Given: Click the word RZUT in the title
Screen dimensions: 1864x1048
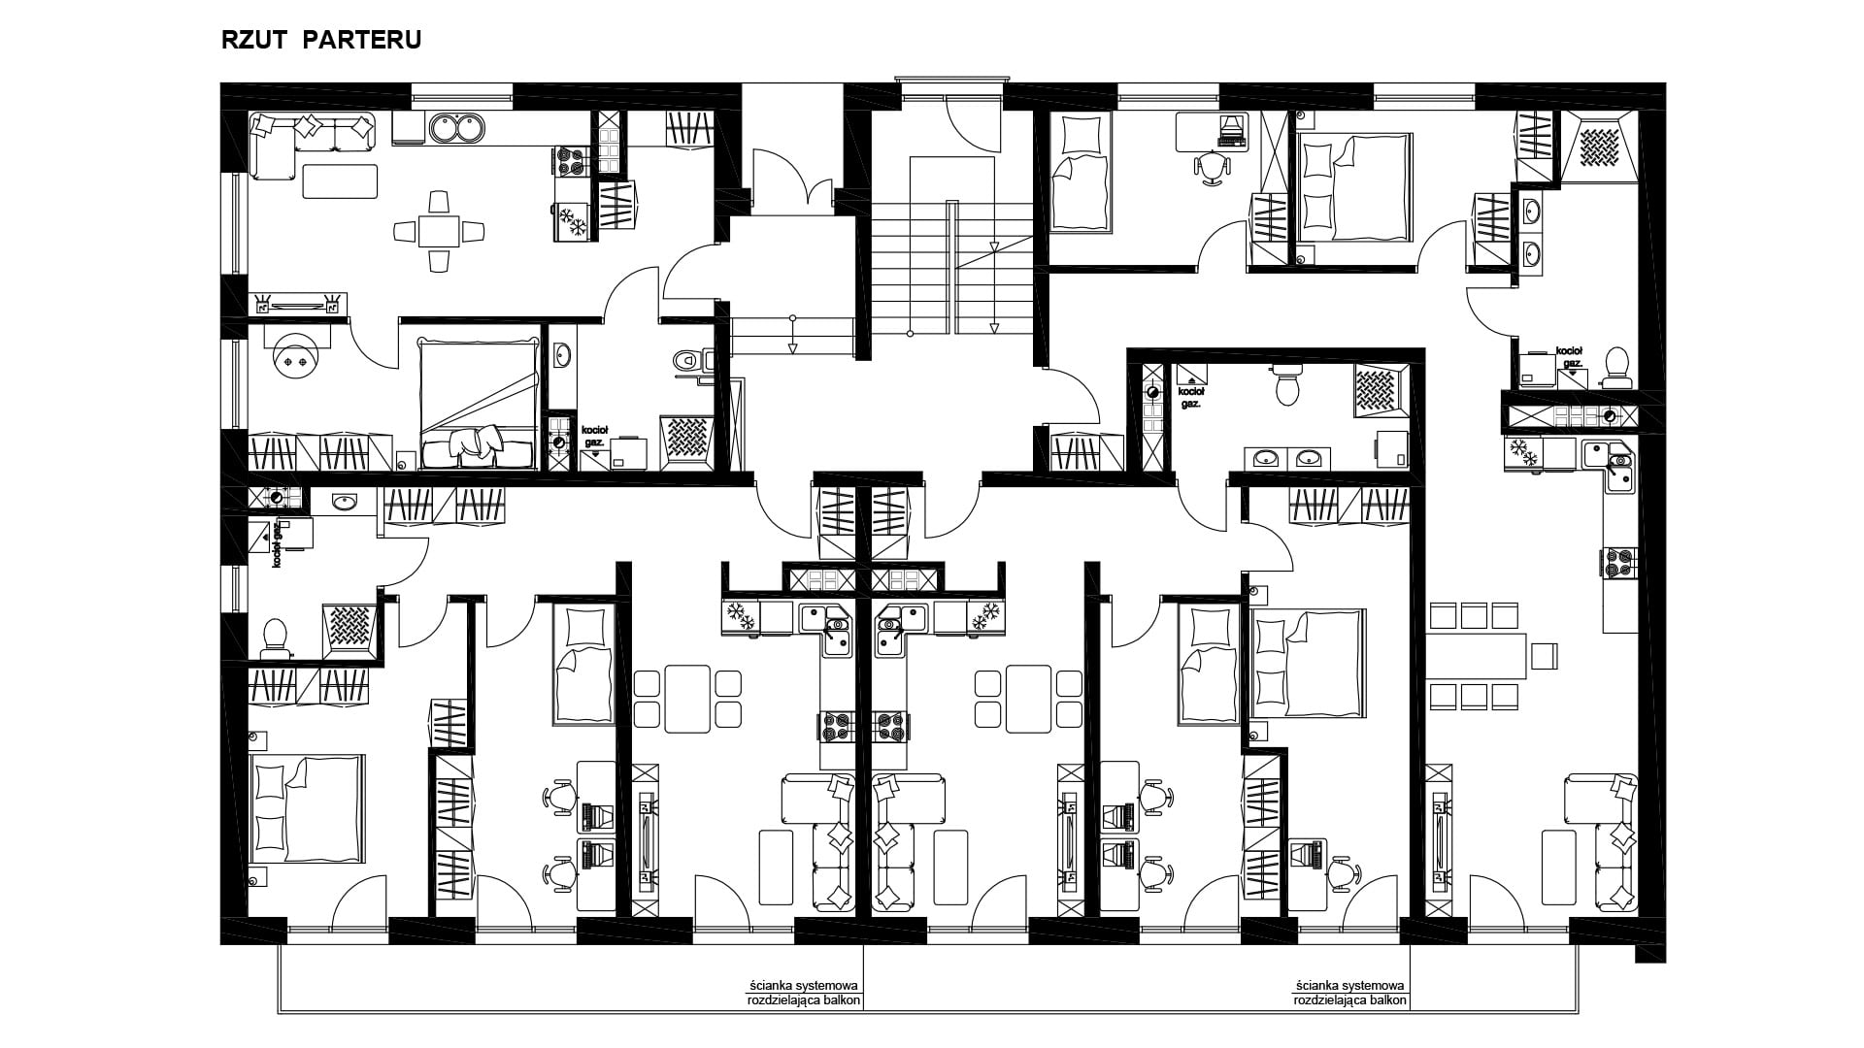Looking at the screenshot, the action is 252,41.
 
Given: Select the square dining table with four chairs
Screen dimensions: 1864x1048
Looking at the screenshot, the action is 439,231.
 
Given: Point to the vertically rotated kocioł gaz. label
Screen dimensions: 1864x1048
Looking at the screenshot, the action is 277,546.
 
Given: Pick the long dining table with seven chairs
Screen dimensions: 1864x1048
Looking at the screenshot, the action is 1491,656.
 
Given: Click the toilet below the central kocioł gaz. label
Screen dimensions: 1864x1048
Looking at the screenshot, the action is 1288,385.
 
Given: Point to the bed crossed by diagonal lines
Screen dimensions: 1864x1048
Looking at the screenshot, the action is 478,404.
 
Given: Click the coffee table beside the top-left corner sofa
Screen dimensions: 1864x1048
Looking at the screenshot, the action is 340,181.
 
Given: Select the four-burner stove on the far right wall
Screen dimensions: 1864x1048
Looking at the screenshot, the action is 1620,563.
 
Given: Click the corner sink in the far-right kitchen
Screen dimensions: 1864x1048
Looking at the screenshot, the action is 1613,469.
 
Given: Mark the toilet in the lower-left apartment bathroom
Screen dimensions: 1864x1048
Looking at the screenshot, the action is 276,637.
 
